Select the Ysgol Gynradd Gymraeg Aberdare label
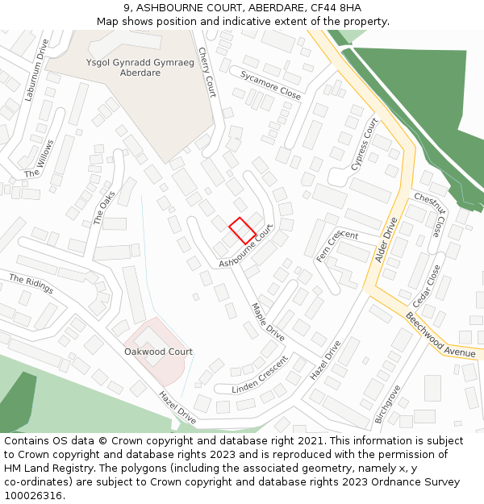(x=123, y=68)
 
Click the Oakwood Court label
(x=158, y=352)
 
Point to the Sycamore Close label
(x=270, y=85)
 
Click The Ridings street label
(x=31, y=284)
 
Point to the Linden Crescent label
(x=260, y=375)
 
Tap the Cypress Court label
(x=364, y=144)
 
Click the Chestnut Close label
(x=429, y=215)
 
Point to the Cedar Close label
(x=424, y=287)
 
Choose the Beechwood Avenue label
(x=441, y=335)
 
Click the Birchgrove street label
(x=387, y=405)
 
